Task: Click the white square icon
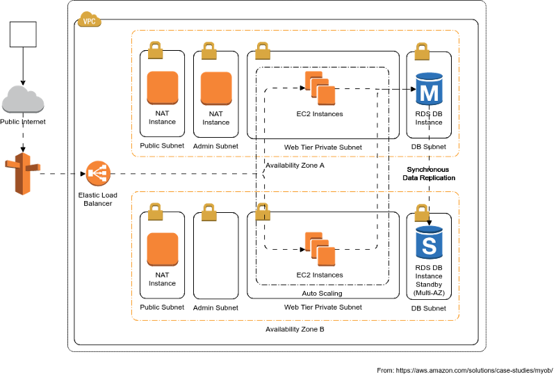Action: point(23,34)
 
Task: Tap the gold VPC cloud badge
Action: point(89,19)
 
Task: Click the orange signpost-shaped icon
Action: point(23,173)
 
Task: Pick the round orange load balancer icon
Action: point(98,173)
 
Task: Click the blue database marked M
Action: point(429,88)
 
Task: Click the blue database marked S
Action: point(429,242)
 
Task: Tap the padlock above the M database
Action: point(422,51)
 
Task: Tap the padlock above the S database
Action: point(422,212)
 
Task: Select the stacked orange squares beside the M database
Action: point(320,88)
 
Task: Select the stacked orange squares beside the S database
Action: point(320,249)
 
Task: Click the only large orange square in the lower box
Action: point(163,249)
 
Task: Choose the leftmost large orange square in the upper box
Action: point(163,88)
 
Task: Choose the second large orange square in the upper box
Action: point(216,88)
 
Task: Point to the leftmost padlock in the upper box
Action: point(156,50)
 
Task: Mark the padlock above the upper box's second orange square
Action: point(209,51)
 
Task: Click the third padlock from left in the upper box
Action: point(263,51)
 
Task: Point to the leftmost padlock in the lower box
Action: point(156,212)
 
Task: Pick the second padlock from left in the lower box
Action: point(209,212)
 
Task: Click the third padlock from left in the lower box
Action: point(263,212)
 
